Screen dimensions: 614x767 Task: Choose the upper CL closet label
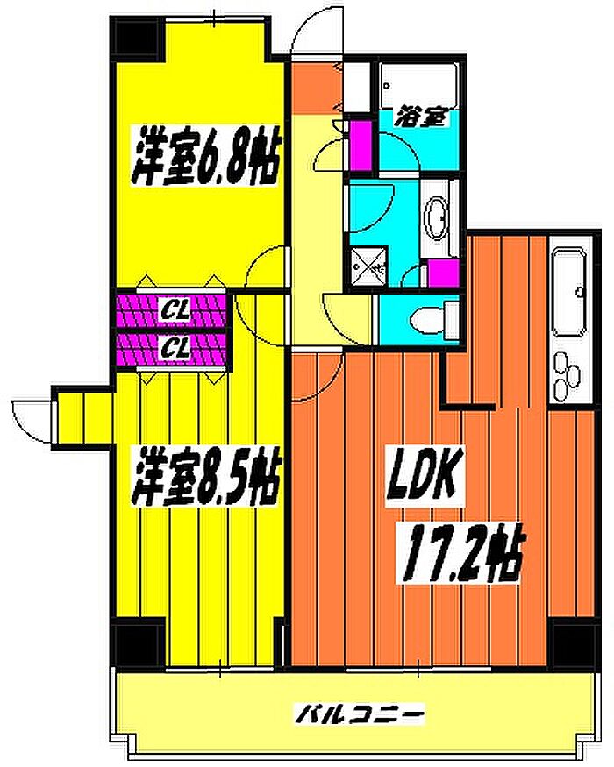(x=175, y=310)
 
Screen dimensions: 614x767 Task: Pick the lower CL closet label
(x=175, y=348)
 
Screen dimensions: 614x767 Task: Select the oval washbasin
(x=437, y=220)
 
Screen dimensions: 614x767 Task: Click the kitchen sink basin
(x=570, y=292)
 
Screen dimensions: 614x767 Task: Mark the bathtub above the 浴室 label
(x=418, y=84)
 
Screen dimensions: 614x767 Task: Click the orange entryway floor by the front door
(x=316, y=87)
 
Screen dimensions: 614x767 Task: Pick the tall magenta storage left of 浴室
(x=361, y=145)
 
